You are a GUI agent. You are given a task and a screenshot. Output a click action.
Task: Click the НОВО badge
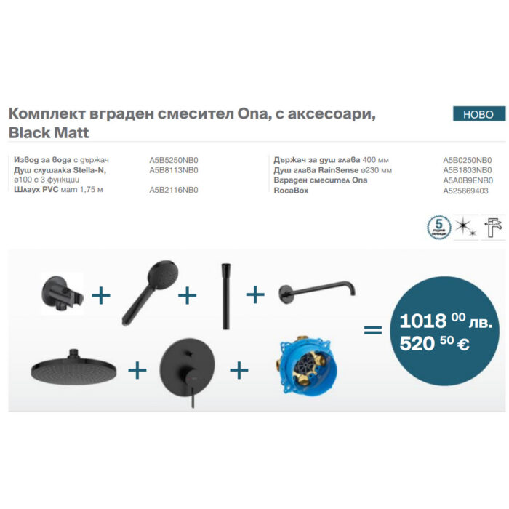478,114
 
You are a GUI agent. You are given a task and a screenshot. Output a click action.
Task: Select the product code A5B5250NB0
174,159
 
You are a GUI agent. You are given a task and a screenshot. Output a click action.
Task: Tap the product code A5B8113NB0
174,169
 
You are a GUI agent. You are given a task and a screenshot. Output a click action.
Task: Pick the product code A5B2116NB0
174,190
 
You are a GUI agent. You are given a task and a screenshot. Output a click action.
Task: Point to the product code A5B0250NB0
468,159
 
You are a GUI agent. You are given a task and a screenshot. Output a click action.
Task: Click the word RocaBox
292,191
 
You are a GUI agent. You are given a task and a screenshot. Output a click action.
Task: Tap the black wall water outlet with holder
61,292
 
